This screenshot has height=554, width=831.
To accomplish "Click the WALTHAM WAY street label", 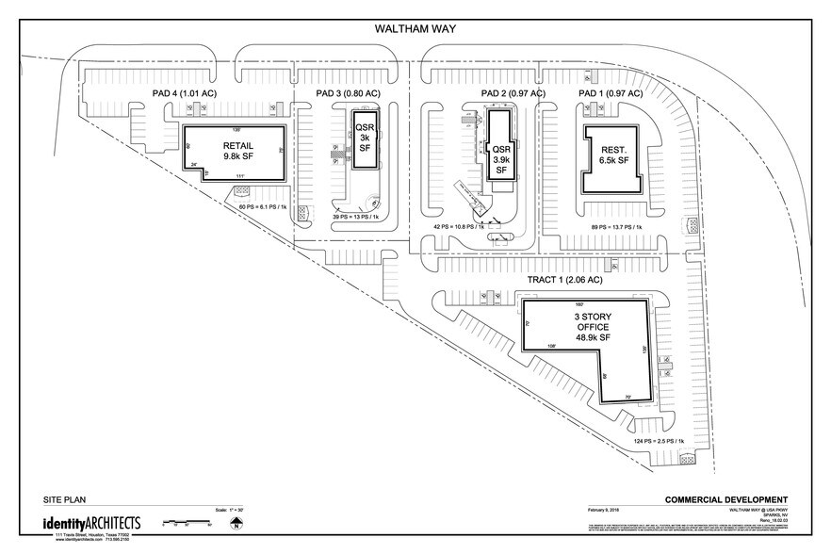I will coord(415,30).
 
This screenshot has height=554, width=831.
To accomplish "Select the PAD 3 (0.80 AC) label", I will coord(349,94).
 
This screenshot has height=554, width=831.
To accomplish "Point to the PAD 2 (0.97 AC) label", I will coord(513,94).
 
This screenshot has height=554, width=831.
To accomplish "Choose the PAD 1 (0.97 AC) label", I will coord(610,94).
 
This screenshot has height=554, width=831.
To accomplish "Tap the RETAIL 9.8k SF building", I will coord(234,152).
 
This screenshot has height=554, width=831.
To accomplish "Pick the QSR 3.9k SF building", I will coord(500,155).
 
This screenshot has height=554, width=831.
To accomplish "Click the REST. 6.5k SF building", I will coord(613,156).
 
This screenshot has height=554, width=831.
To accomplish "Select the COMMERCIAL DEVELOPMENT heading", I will coord(725,499).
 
